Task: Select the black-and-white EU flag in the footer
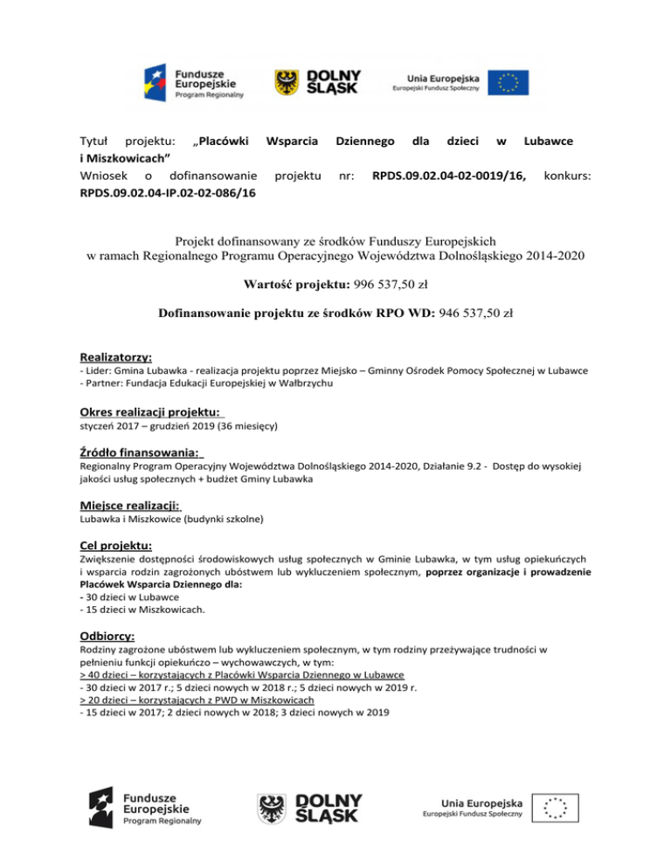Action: pyautogui.click(x=558, y=807)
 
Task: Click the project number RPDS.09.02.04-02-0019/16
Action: pyautogui.click(x=448, y=176)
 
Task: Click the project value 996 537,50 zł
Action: pyautogui.click(x=384, y=284)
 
